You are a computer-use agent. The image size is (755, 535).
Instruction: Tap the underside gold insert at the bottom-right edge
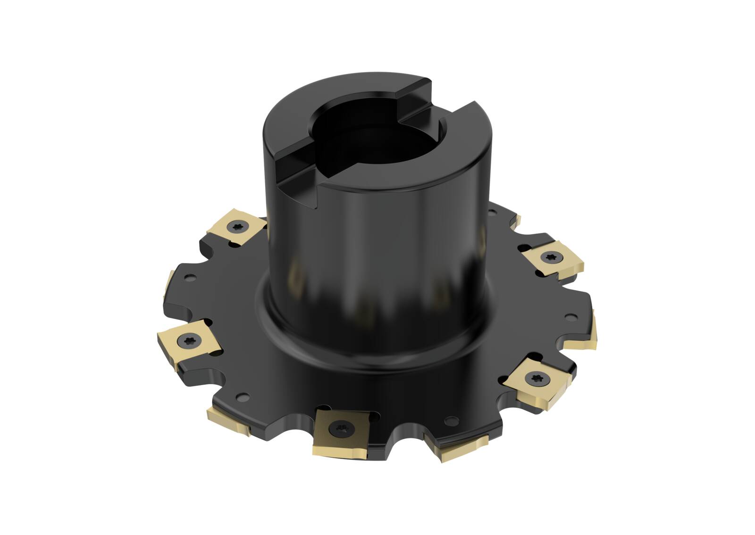[x=465, y=445]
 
